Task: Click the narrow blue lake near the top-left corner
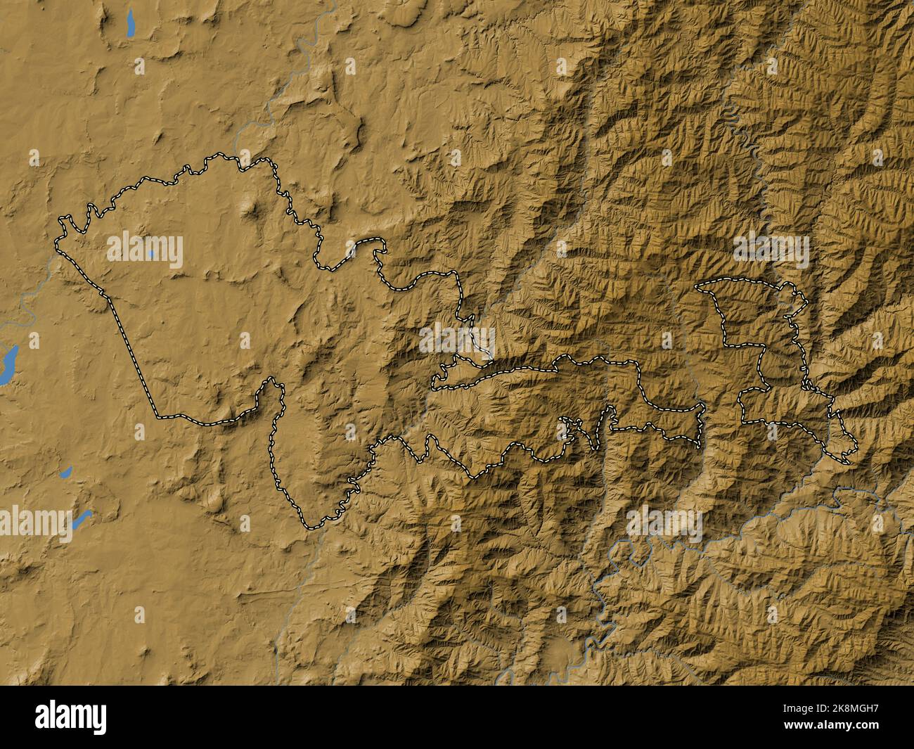click(x=129, y=25)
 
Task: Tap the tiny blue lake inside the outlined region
click(x=151, y=252)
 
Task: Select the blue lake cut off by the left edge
click(x=7, y=364)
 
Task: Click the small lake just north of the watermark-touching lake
click(x=66, y=471)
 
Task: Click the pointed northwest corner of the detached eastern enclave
click(x=697, y=286)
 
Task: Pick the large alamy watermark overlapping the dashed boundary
click(x=457, y=340)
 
